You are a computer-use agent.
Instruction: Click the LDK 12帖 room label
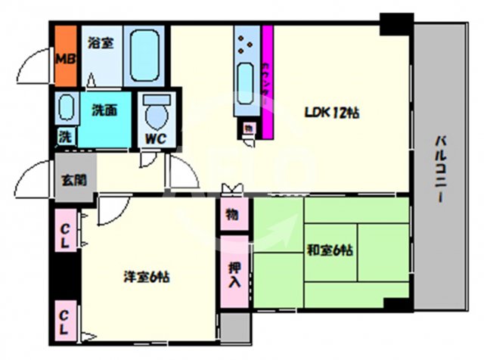[331, 113]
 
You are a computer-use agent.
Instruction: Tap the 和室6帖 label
[331, 250]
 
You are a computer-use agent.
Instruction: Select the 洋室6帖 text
[147, 277]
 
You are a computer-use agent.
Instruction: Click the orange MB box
[64, 57]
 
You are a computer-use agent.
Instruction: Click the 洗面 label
[104, 110]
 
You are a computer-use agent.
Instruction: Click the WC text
[157, 138]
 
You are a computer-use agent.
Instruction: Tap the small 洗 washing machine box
[65, 138]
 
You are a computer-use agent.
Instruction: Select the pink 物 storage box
[233, 214]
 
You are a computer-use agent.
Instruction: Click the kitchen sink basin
[247, 79]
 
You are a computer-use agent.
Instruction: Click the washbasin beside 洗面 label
[66, 107]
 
